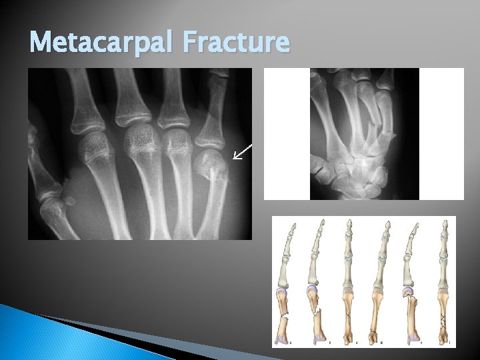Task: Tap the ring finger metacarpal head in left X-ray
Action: pos(177,143)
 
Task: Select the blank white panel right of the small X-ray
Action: pos(441,133)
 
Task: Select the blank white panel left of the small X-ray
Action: pos(287,133)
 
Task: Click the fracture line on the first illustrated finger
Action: pos(285,314)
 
